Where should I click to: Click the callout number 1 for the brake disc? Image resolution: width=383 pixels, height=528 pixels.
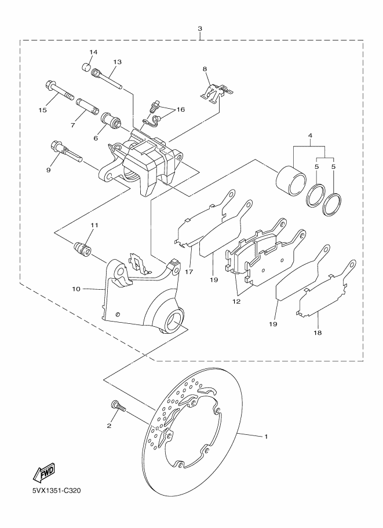pyautogui.click(x=266, y=437)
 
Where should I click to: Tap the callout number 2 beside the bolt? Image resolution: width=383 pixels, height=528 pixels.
pyautogui.click(x=108, y=426)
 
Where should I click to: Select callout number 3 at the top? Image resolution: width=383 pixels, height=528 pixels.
pyautogui.click(x=200, y=28)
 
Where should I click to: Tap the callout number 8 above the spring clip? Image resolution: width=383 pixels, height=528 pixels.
pyautogui.click(x=205, y=69)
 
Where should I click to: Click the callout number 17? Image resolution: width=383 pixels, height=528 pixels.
pyautogui.click(x=189, y=271)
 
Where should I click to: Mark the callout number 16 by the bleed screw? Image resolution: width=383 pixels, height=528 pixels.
pyautogui.click(x=181, y=109)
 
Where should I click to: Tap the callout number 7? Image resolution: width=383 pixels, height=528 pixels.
pyautogui.click(x=74, y=125)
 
